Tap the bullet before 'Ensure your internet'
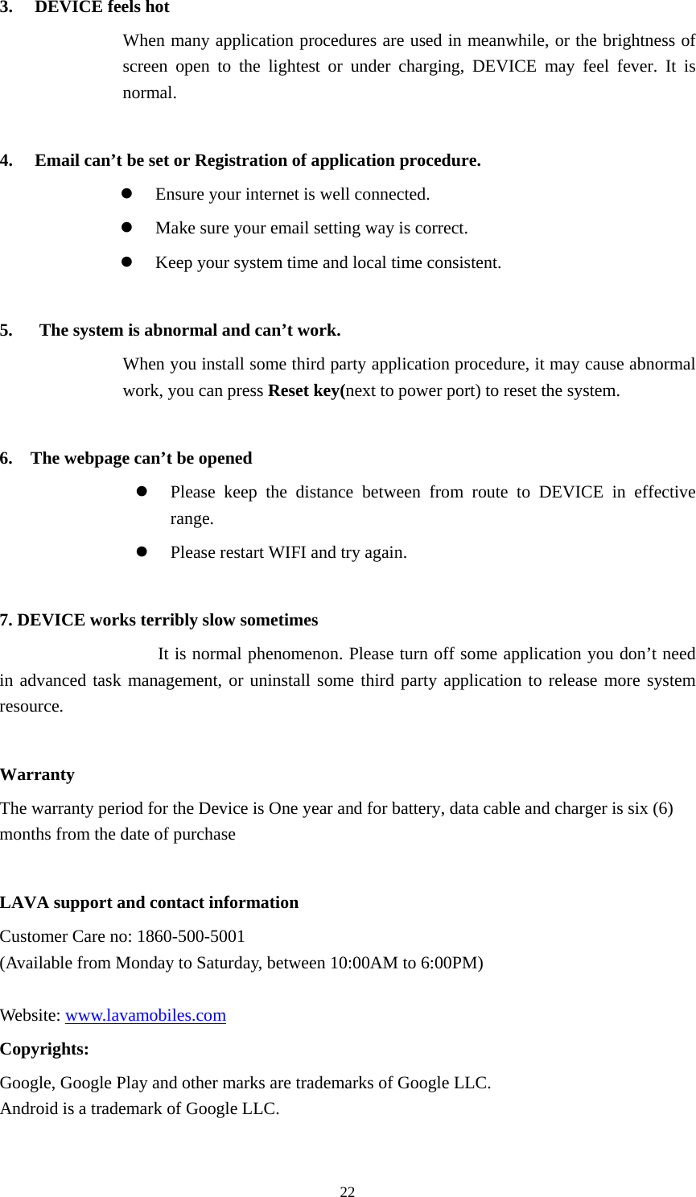click(126, 194)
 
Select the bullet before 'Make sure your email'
click(126, 228)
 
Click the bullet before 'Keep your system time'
click(126, 262)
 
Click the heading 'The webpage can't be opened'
click(141, 458)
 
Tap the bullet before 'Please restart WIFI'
click(142, 552)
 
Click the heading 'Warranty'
click(37, 774)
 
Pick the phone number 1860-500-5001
click(192, 936)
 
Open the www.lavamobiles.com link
click(146, 1015)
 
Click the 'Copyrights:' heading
click(44, 1049)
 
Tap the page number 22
click(348, 1191)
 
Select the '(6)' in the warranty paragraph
click(662, 808)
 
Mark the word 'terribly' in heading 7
click(169, 620)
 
